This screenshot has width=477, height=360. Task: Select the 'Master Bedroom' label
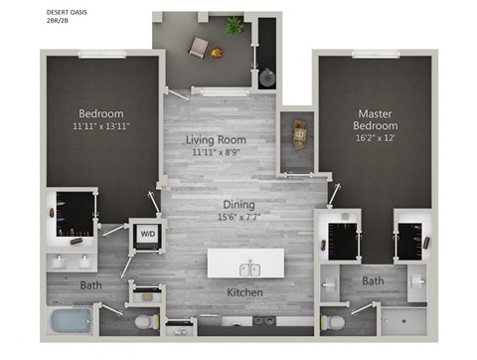tap(377, 120)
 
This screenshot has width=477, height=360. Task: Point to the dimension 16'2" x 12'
tap(377, 140)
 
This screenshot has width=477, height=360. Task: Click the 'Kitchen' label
tap(243, 293)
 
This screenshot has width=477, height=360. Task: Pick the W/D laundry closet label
tap(146, 235)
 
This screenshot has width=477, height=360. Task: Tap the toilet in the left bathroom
tap(145, 321)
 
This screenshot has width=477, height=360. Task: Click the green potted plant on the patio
tap(235, 27)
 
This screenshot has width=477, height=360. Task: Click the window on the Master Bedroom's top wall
tap(374, 56)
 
